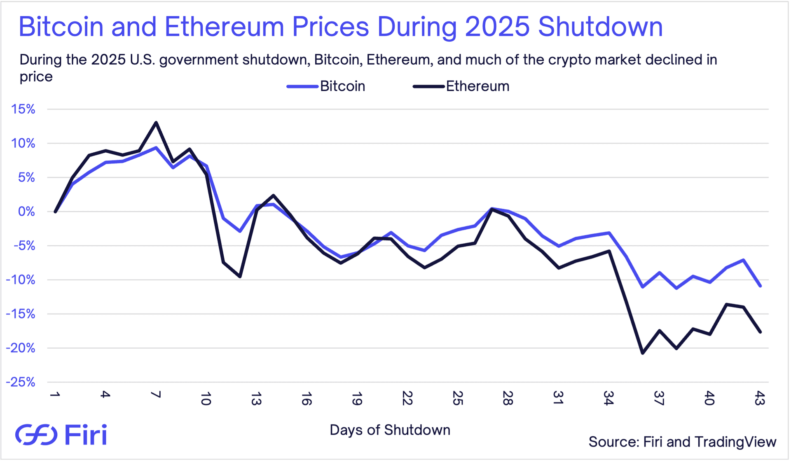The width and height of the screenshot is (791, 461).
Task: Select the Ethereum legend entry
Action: click(461, 86)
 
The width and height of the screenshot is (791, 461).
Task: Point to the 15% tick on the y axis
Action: click(23, 109)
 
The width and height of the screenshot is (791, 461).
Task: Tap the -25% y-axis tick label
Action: click(21, 382)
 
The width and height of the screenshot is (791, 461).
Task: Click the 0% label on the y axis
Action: click(26, 212)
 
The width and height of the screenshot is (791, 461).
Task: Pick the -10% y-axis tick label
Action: click(21, 280)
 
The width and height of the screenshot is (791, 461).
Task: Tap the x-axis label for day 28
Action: click(508, 398)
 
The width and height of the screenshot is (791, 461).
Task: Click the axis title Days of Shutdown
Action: click(390, 430)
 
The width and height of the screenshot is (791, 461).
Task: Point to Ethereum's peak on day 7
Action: click(156, 122)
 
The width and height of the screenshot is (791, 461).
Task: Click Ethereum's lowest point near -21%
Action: click(643, 353)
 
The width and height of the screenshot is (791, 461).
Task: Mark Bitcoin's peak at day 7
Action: click(156, 147)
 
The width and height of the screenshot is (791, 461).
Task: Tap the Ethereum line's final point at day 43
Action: click(760, 332)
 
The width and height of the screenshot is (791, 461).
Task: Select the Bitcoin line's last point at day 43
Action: click(760, 286)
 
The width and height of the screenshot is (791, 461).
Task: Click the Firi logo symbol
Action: click(36, 435)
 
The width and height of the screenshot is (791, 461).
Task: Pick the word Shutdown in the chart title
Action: click(600, 27)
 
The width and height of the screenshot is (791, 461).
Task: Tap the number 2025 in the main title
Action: click(497, 27)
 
